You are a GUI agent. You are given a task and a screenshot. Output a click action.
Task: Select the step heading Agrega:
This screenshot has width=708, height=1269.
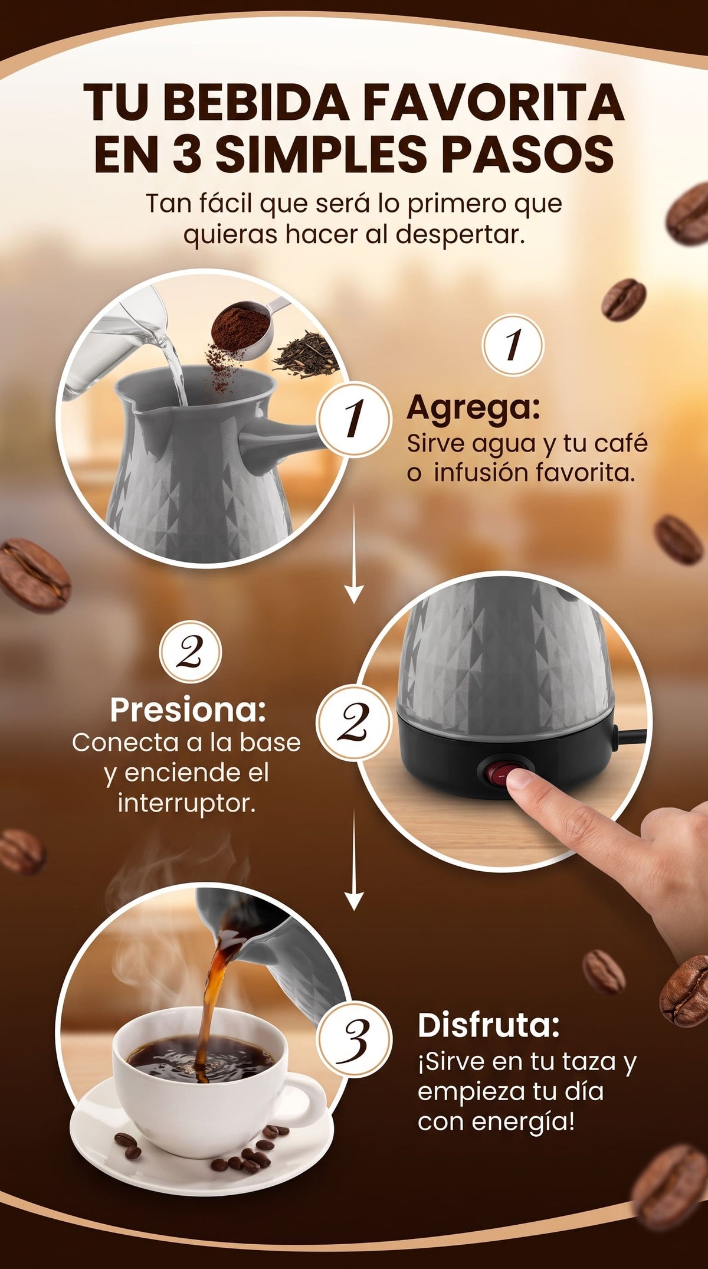pos(473,408)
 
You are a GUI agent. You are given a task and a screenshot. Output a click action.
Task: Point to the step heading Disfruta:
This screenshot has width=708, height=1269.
pos(489,1025)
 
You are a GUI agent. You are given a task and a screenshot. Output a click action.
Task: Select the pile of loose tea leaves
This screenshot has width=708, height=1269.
pos(306,358)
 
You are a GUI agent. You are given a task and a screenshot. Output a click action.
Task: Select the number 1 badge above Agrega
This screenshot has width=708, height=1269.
pos(512,345)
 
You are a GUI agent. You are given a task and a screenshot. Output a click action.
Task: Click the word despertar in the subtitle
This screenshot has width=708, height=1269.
pos(460,235)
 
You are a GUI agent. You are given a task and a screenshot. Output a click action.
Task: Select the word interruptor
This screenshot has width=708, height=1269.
pos(187,803)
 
